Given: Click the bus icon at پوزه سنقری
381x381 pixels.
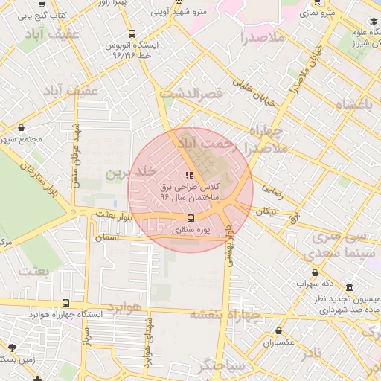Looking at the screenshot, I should [x=190, y=218].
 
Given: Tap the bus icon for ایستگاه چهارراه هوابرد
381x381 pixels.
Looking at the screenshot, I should [x=66, y=303].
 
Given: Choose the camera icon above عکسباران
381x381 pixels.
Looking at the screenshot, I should [x=267, y=344].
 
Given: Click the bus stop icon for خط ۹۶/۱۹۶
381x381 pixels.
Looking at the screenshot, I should [x=132, y=33].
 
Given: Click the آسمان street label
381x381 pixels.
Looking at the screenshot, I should [x=109, y=237].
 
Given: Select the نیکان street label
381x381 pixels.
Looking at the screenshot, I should [x=266, y=211].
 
